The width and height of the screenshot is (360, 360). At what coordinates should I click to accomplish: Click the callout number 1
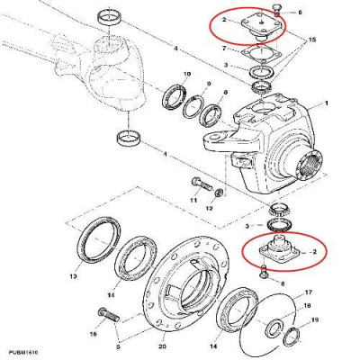[x=326, y=103]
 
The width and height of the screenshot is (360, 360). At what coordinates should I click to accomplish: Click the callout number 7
[x=222, y=47]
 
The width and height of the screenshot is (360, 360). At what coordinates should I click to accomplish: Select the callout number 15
[x=314, y=41]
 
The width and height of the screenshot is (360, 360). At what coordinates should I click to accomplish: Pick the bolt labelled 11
[x=200, y=185]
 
